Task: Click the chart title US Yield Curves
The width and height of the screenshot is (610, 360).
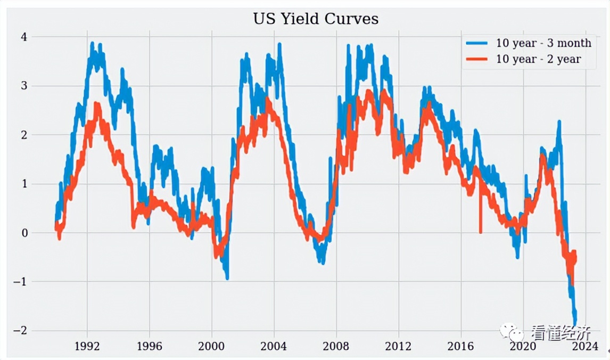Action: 315,19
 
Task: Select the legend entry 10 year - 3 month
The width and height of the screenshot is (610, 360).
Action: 543,43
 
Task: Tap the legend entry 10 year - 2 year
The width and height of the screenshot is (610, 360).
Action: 538,59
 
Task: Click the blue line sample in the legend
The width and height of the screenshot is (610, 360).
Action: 477,43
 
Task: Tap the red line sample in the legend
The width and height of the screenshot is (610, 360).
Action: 477,59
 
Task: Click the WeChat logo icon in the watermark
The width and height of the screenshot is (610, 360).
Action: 511,333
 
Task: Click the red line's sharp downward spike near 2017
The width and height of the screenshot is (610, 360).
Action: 481,231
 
